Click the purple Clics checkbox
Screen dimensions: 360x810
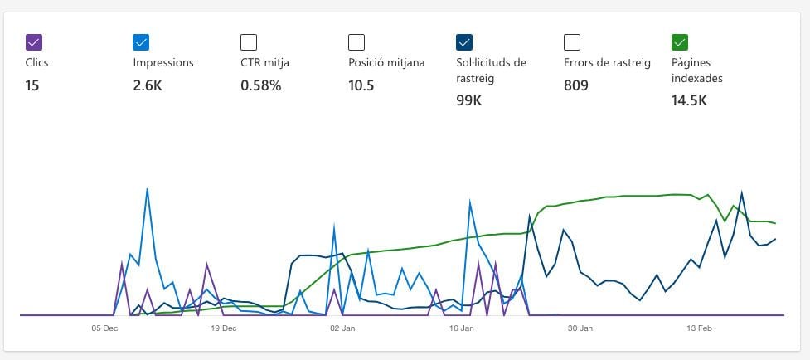pos(33,41)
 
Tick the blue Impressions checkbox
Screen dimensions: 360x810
pos(141,41)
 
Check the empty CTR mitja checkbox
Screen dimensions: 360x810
pos(249,41)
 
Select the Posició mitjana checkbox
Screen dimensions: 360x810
pos(356,41)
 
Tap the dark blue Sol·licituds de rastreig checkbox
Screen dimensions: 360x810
pos(464,41)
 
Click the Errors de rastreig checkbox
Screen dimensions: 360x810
pos(572,41)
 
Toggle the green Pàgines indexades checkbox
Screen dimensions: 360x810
pos(680,41)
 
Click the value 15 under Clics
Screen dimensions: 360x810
pos(32,85)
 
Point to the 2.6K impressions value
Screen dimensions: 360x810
pos(147,85)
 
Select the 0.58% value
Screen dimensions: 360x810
pos(260,85)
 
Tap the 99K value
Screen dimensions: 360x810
pos(468,100)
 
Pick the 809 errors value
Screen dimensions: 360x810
pos(575,85)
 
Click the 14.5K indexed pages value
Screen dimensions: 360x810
pos(689,100)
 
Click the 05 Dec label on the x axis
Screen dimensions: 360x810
pos(104,328)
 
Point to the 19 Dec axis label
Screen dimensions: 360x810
pos(223,328)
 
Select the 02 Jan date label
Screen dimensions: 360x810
pos(342,328)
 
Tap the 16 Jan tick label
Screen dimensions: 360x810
pos(461,328)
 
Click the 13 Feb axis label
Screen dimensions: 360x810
pos(699,328)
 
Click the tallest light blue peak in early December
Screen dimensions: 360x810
pos(147,189)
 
